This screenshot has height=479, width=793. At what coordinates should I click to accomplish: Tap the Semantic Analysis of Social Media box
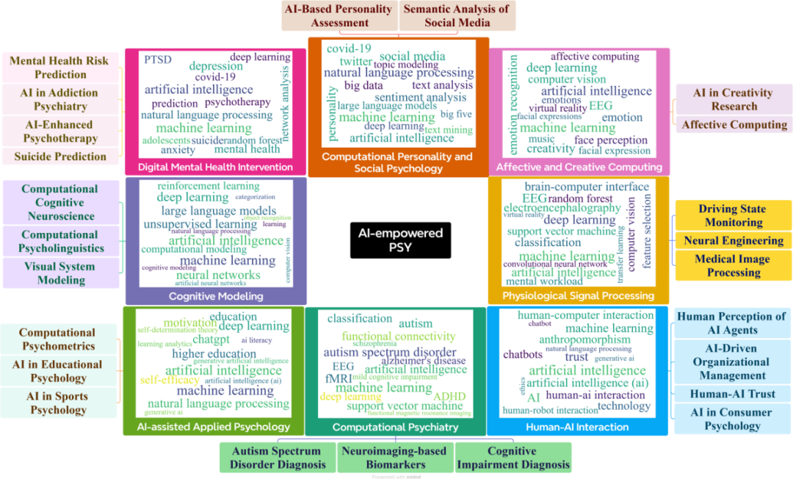click(456, 15)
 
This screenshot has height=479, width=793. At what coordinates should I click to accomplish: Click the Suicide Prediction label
click(59, 156)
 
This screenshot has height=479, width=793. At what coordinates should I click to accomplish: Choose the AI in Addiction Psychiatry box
click(59, 100)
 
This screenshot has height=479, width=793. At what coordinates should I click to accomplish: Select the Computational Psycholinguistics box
click(59, 241)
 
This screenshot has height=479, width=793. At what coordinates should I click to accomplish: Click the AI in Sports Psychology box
click(59, 403)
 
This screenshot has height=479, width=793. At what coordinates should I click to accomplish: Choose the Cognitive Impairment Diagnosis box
click(513, 457)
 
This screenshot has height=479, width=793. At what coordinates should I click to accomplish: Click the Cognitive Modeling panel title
click(216, 296)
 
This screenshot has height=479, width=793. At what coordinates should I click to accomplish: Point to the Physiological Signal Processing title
click(578, 295)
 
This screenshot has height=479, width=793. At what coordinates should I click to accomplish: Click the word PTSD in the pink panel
click(158, 60)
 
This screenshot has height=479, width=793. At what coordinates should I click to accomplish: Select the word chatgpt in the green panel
click(211, 339)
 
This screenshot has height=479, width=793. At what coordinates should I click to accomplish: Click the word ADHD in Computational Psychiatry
click(449, 397)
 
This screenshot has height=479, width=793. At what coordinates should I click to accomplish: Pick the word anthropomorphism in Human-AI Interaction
click(584, 339)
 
